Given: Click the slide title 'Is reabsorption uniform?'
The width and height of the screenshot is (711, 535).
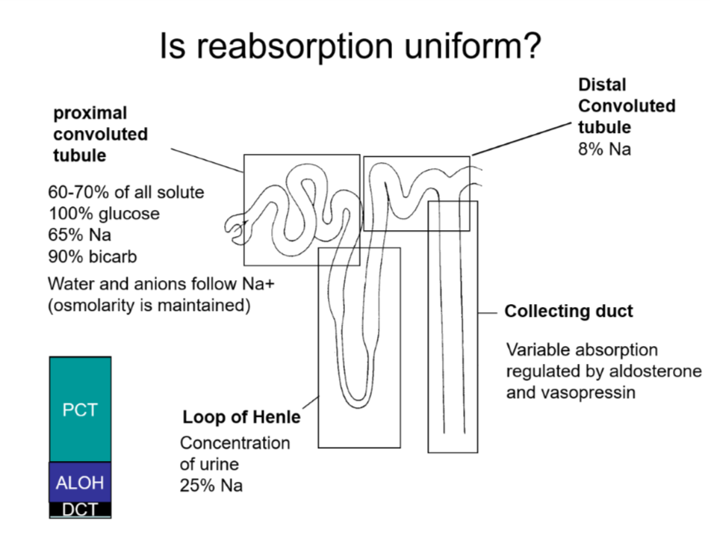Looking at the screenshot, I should coord(350,46).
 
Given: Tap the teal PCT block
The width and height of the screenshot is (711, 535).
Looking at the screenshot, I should coord(80,409).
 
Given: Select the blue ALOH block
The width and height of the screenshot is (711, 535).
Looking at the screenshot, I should coord(80,483).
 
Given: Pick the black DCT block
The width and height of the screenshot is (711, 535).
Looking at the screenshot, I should coord(80,510).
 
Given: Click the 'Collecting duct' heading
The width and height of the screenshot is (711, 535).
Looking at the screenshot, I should coord(568,311).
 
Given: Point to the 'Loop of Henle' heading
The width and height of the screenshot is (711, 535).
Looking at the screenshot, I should coord(241,417).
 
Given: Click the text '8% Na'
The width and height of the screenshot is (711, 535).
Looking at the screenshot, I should coord(604,149).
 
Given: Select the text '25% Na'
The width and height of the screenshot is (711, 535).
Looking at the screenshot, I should coord(211,485).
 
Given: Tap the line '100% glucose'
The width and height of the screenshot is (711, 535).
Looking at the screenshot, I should coord(104,214).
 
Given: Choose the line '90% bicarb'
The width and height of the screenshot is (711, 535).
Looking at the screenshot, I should coord(96,256).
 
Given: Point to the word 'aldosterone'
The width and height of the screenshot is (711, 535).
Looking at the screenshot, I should coord(655,371).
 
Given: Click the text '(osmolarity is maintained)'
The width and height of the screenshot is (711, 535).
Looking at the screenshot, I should coord(149,306).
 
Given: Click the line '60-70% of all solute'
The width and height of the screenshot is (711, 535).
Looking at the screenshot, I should coord(125,193).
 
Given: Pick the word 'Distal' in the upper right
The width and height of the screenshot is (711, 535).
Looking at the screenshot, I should coord(602,85).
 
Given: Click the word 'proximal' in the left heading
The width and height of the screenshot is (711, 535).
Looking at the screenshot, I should coord(90,114).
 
